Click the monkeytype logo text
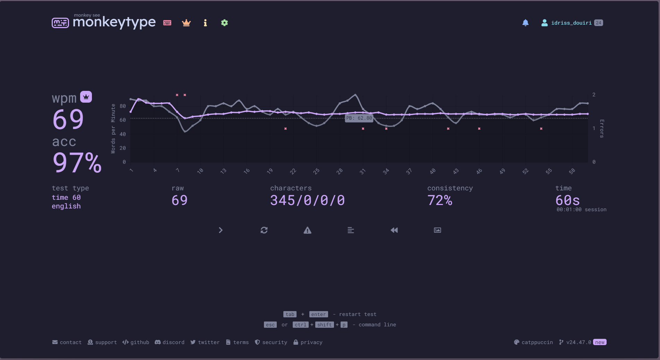pyautogui.click(x=114, y=22)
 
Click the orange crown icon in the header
pyautogui.click(x=186, y=23)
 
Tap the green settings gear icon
pyautogui.click(x=224, y=23)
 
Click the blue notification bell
pyautogui.click(x=525, y=23)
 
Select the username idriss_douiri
pyautogui.click(x=571, y=23)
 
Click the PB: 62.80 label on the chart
pyautogui.click(x=359, y=118)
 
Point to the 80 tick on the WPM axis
pyautogui.click(x=123, y=106)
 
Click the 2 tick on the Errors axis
pyautogui.click(x=594, y=95)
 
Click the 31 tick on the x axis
pyautogui.click(x=362, y=171)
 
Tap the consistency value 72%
pyautogui.click(x=440, y=200)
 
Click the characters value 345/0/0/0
pyautogui.click(x=307, y=200)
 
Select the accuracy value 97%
pyautogui.click(x=77, y=162)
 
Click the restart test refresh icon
pyautogui.click(x=264, y=230)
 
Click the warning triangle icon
pyautogui.click(x=307, y=230)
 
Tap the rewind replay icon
pyautogui.click(x=394, y=230)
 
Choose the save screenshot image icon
pyautogui.click(x=437, y=230)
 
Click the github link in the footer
pyautogui.click(x=136, y=342)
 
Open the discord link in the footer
pyautogui.click(x=170, y=342)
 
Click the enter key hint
pyautogui.click(x=318, y=314)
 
